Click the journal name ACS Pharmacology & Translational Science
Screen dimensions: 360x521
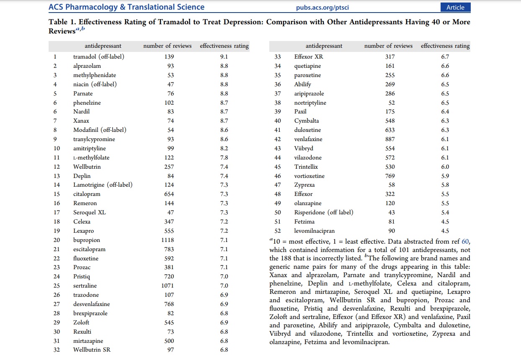click(126, 7)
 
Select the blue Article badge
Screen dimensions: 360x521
click(455, 7)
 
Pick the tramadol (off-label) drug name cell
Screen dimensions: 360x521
click(99, 57)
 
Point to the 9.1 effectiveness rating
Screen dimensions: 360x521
click(224, 57)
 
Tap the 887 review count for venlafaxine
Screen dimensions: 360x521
click(389, 139)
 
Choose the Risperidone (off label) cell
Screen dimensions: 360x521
click(324, 212)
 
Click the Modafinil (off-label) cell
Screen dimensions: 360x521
click(100, 130)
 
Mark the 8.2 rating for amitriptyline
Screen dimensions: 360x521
click(224, 148)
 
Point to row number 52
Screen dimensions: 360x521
click(278, 231)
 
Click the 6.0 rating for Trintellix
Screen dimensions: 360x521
click(445, 167)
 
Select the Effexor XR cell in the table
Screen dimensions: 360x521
click(309, 57)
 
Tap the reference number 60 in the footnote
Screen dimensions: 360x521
click(465, 242)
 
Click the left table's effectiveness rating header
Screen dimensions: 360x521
click(224, 46)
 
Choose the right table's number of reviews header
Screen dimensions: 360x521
click(388, 46)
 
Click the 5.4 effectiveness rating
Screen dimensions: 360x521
click(445, 212)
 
